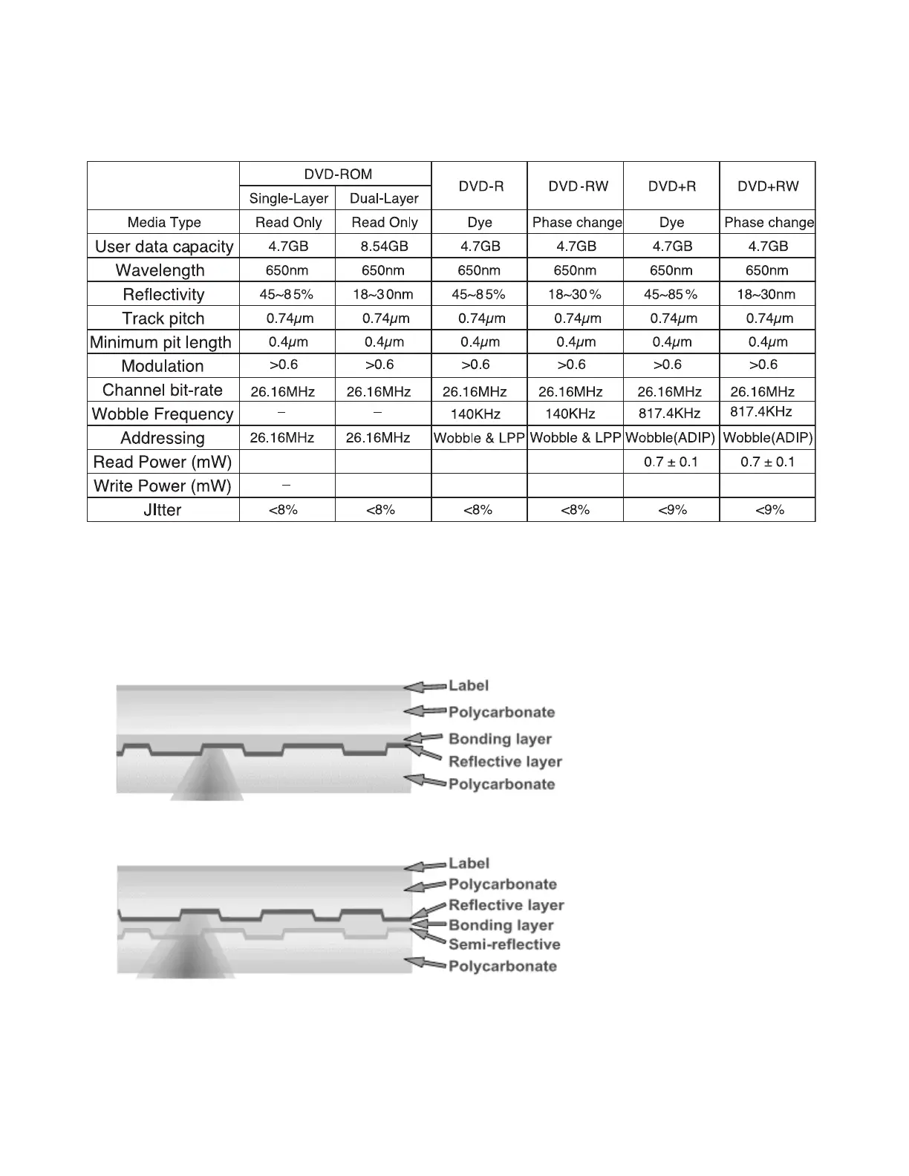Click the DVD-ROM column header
click(338, 174)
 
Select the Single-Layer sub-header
click(288, 198)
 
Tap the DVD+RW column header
click(768, 186)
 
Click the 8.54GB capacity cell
click(384, 246)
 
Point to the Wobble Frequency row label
click(163, 414)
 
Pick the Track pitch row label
click(163, 318)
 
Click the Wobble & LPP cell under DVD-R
click(479, 438)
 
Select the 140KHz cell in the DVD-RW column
click(575, 414)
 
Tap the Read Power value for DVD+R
click(671, 462)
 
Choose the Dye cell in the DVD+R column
click(671, 222)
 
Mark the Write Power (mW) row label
click(163, 486)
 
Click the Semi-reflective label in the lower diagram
click(504, 944)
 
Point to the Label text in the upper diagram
click(469, 685)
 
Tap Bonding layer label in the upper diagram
click(500, 739)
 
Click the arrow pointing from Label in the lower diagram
click(425, 866)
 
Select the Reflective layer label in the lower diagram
click(506, 905)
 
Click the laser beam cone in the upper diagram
click(206, 780)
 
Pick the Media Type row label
click(164, 222)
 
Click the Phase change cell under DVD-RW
click(577, 222)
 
